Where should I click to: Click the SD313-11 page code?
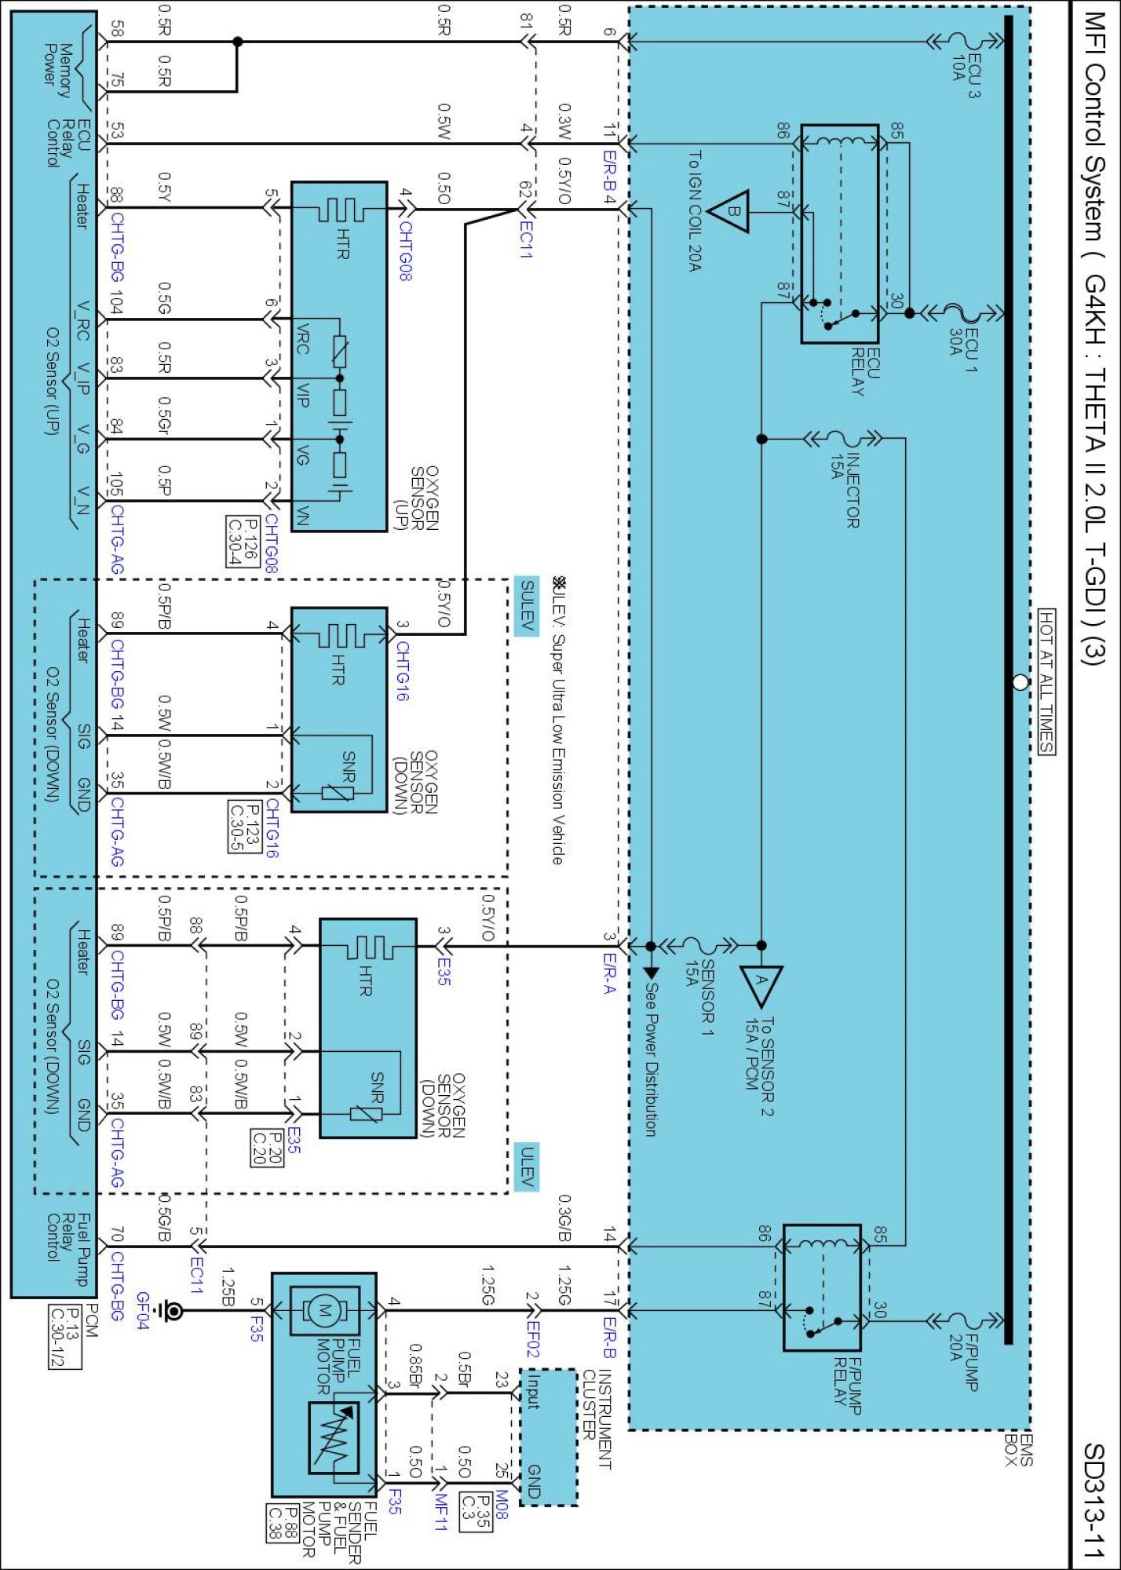tap(1095, 1500)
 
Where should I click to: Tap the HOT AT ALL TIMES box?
tap(1046, 681)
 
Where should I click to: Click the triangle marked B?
tap(730, 211)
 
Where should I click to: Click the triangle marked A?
tap(761, 985)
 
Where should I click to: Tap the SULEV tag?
tap(527, 605)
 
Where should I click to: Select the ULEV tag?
tap(527, 1167)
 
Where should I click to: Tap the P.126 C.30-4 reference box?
tap(243, 541)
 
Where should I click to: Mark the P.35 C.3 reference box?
tap(476, 1511)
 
